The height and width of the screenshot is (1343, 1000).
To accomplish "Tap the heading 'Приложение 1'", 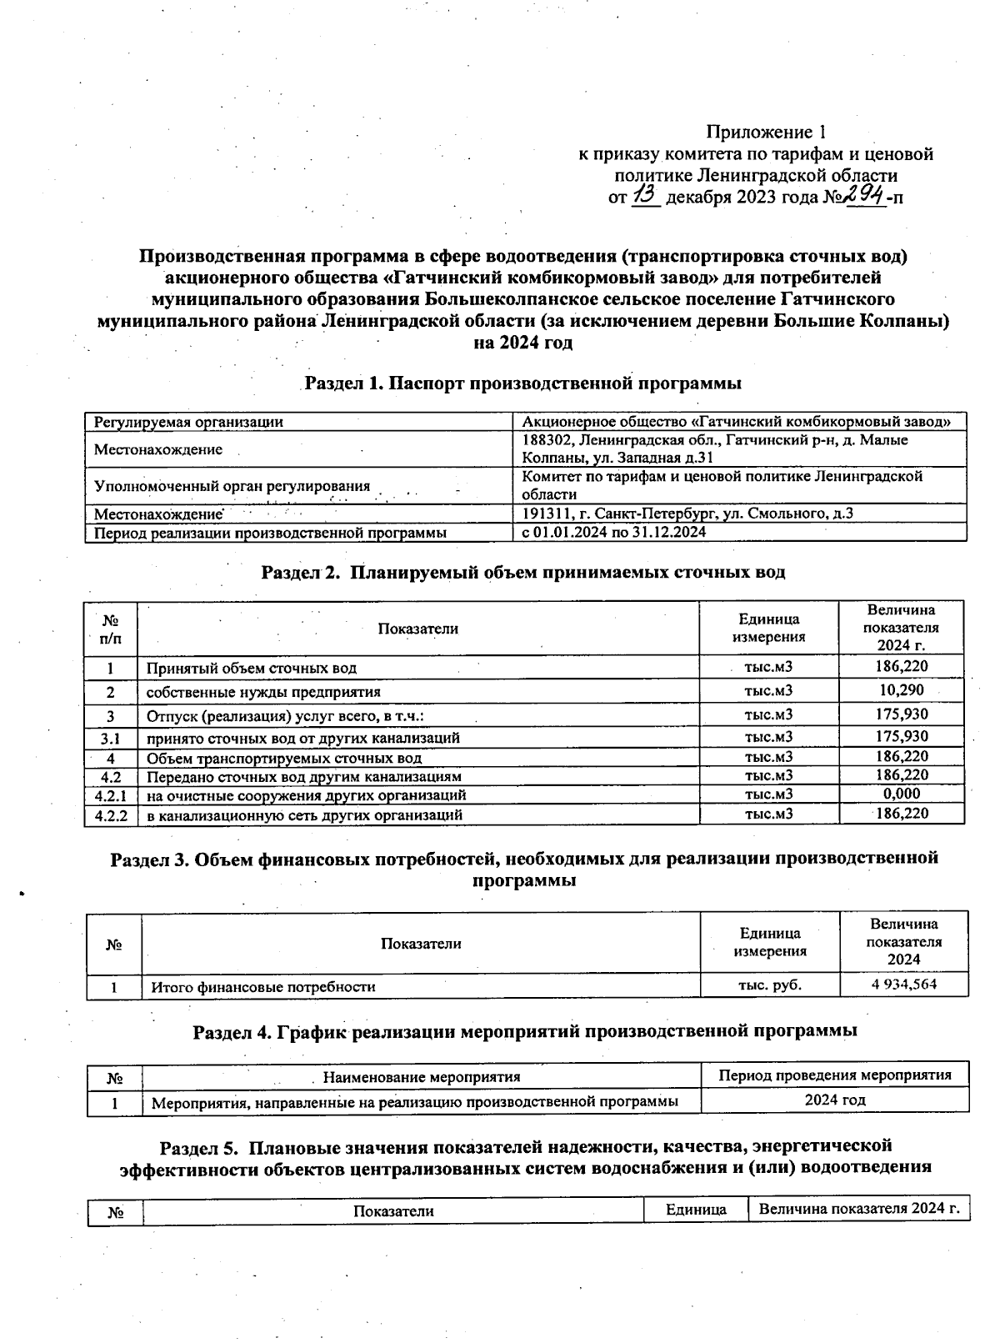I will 767,132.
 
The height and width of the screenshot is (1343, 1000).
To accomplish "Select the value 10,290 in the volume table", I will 902,690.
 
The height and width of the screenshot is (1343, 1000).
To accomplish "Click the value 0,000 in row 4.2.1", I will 902,794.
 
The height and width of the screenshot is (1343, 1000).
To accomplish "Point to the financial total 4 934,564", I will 903,985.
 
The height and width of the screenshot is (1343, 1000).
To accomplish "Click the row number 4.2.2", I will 111,814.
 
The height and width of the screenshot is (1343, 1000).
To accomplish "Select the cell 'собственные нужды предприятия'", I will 263,692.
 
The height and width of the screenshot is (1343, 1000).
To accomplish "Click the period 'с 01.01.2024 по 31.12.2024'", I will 614,532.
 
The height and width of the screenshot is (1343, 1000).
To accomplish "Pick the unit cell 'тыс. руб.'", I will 770,985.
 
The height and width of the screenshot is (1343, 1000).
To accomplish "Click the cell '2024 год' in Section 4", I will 835,1100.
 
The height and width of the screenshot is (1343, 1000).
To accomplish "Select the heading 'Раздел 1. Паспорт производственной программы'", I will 522,384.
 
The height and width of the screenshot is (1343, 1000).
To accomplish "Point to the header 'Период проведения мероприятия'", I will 835,1075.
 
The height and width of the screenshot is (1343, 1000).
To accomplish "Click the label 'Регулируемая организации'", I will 188,422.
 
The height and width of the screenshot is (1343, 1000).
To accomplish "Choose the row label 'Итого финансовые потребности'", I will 262,987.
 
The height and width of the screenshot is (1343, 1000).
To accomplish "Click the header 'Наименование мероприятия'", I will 421,1077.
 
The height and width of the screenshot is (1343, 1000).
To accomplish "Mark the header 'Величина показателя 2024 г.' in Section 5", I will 858,1210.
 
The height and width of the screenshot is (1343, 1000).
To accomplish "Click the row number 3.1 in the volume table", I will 111,738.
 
